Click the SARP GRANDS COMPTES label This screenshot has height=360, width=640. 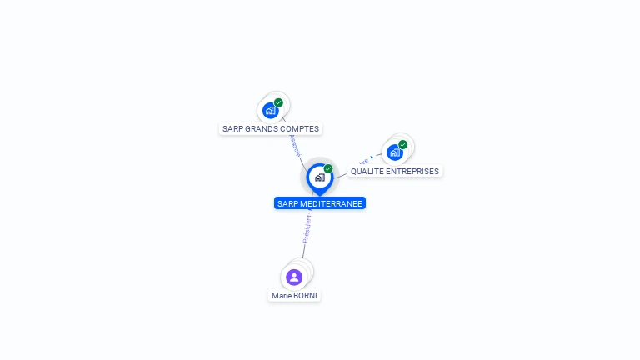pos(271,129)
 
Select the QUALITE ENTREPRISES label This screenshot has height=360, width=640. pos(394,172)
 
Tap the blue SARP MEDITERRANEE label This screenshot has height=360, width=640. pos(320,203)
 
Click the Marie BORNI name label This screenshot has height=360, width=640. pos(294,296)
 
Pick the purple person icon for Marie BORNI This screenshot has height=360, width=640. pos(294,277)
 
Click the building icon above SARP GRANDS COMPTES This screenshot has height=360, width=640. pos(270,110)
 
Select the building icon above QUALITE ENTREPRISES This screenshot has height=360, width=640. pos(395,152)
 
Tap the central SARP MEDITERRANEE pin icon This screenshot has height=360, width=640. pos(319,177)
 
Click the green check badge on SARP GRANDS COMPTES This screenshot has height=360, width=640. pos(278,102)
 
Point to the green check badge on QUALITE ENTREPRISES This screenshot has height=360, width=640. pos(403,144)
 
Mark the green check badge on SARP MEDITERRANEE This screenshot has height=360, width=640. pos(328,168)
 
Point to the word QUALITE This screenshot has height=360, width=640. pos(367,172)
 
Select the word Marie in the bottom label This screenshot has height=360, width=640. pos(281,296)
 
